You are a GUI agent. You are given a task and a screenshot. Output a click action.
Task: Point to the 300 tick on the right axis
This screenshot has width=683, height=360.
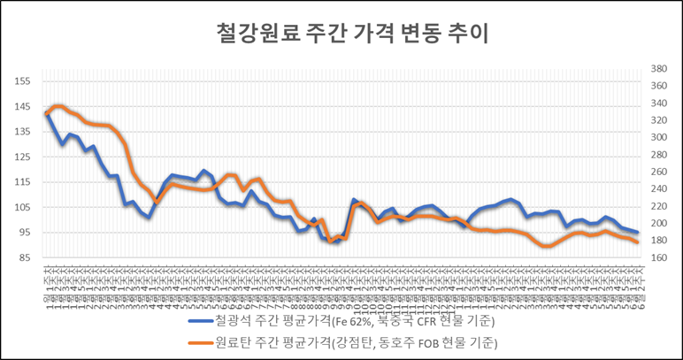click(659, 138)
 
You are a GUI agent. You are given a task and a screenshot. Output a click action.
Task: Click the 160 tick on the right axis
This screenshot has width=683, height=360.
click(659, 258)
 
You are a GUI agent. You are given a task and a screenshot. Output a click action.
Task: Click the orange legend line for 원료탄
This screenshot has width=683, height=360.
click(211, 341)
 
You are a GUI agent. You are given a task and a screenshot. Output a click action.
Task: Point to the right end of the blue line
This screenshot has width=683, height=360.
click(637, 232)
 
